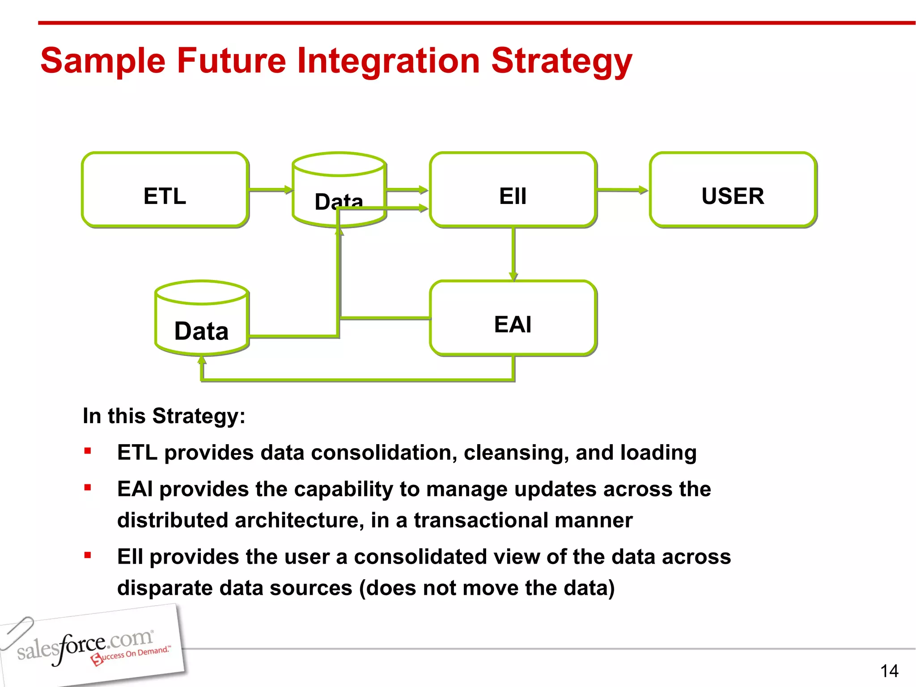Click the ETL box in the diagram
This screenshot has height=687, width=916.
[x=165, y=190]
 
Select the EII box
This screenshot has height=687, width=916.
[x=513, y=190]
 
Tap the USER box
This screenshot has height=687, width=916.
[x=733, y=190]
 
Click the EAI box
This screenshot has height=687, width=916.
[x=513, y=318]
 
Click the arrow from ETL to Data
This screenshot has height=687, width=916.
[x=270, y=190]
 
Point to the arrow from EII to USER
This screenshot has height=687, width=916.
[x=622, y=190]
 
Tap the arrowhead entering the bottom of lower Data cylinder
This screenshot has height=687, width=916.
[x=202, y=360]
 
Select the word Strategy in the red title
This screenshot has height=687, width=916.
[x=561, y=61]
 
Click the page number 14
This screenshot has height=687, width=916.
[x=889, y=671]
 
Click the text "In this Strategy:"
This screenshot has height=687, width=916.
[x=164, y=416]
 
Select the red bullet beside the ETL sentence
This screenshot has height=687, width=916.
[x=88, y=451]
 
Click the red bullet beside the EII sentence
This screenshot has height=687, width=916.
[x=88, y=556]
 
